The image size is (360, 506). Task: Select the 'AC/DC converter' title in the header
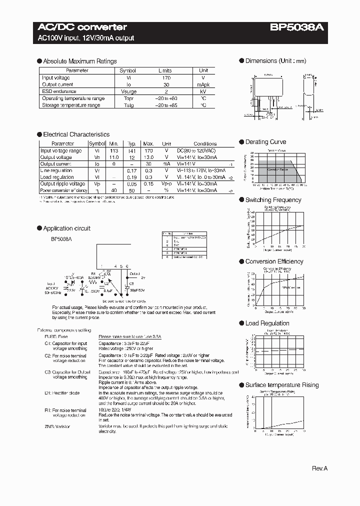[82, 27]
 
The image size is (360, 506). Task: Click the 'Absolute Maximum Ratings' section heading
[79, 61]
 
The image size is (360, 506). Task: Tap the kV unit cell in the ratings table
[203, 91]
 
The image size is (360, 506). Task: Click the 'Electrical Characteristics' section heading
[76, 134]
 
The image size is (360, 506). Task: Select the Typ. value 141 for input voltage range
[131, 150]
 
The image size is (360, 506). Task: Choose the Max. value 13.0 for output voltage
[148, 157]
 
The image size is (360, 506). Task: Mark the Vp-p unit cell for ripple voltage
[166, 183]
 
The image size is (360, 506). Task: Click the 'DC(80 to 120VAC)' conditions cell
[197, 150]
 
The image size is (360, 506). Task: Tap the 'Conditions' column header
[205, 143]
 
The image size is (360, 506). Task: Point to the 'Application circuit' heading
[66, 228]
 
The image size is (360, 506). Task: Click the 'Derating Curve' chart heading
[265, 142]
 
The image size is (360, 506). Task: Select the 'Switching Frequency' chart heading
[273, 200]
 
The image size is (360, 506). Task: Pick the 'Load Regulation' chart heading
[267, 323]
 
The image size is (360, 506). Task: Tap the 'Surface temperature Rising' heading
[281, 385]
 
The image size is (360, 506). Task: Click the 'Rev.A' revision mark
[319, 468]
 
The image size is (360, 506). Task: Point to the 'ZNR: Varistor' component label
[57, 426]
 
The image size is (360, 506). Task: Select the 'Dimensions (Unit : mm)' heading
[275, 61]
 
